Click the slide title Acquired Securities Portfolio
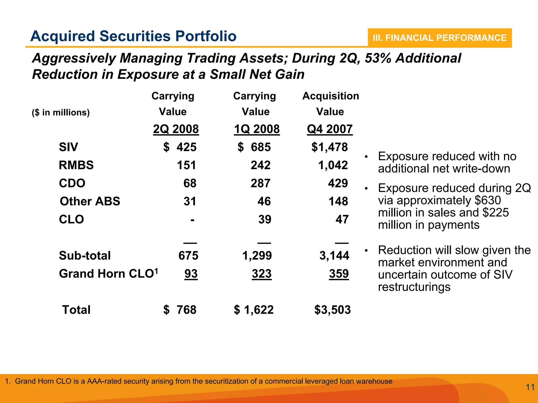point(133,36)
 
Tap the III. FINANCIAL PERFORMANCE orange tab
point(439,38)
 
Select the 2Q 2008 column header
point(176,129)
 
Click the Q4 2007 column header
point(330,129)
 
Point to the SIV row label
point(68,147)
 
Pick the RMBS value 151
point(186,165)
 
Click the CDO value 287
point(260,183)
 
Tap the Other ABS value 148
point(338,201)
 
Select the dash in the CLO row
point(192,220)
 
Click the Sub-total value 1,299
point(257,256)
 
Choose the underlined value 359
point(339,274)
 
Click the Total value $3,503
point(332,310)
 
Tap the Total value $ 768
point(180,310)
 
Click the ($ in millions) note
point(61,112)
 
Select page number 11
point(530,387)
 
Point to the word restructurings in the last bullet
point(414,287)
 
